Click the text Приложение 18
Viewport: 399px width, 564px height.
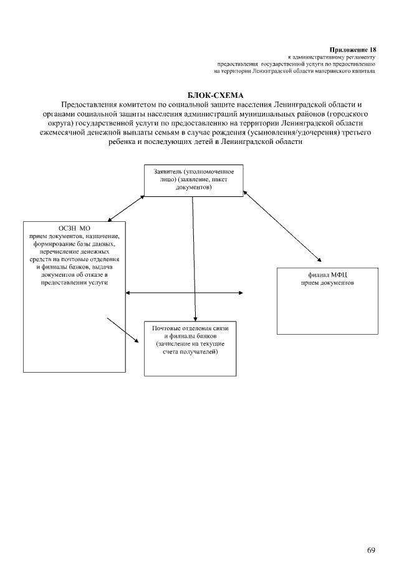352,49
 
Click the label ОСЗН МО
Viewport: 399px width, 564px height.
74,229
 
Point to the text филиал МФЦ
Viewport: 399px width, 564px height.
327,274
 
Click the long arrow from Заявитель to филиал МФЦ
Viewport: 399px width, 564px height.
284,225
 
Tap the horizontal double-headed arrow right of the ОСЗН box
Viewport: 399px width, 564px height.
184,292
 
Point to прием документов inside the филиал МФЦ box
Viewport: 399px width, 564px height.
327,282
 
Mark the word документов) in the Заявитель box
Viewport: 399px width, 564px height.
193,186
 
